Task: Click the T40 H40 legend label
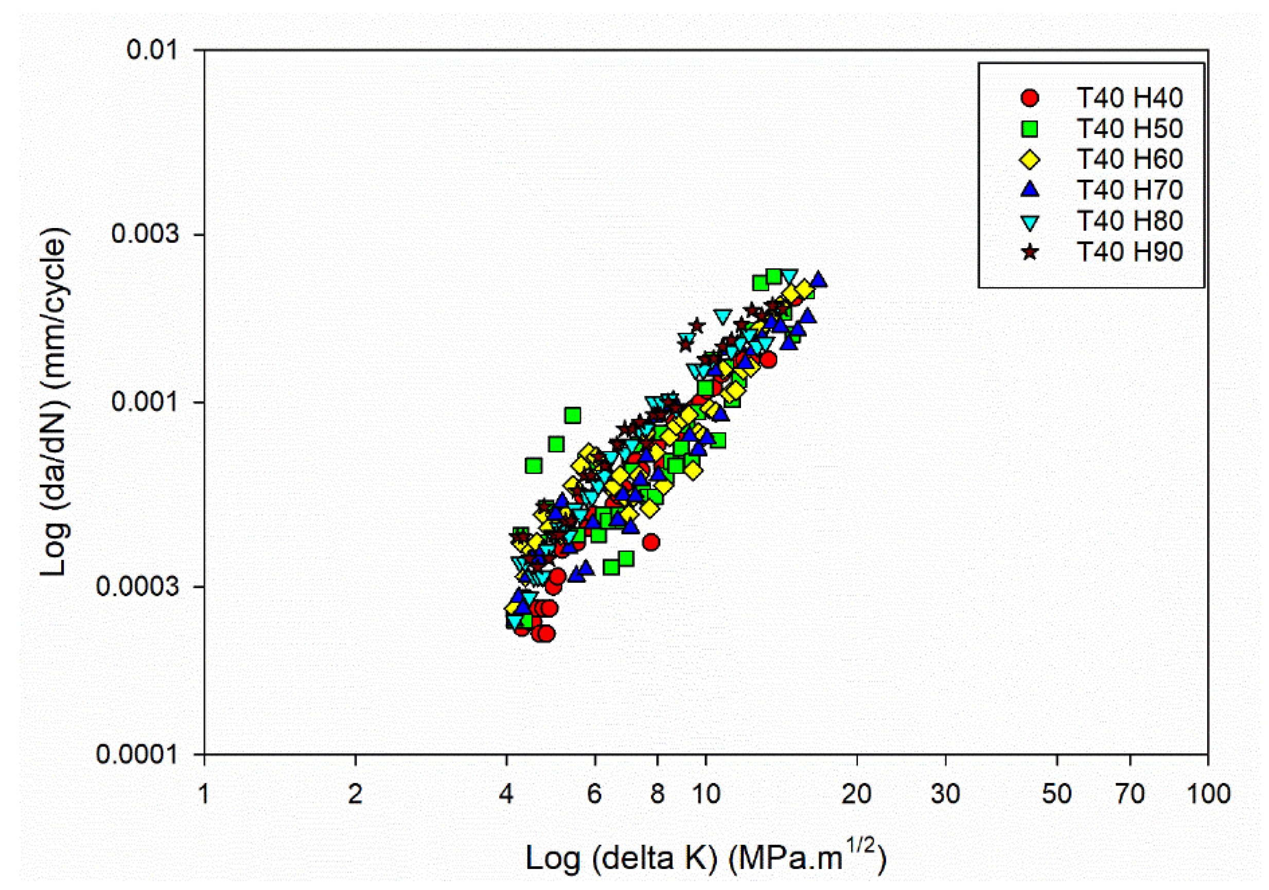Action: (x=1129, y=98)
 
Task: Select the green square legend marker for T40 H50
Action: (x=1030, y=129)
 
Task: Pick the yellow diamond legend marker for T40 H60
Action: (x=1030, y=160)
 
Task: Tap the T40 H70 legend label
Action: (x=1129, y=190)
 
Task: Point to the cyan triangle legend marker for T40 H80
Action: (x=1030, y=222)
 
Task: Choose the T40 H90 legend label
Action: (x=1129, y=252)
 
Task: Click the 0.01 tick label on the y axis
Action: (x=152, y=50)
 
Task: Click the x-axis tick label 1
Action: (x=204, y=794)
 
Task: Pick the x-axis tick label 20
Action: (x=856, y=794)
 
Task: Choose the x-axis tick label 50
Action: (x=1057, y=794)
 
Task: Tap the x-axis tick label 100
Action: (x=1208, y=794)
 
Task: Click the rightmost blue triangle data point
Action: (x=818, y=280)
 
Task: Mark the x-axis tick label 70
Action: (x=1130, y=794)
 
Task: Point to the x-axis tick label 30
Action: (x=945, y=794)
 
